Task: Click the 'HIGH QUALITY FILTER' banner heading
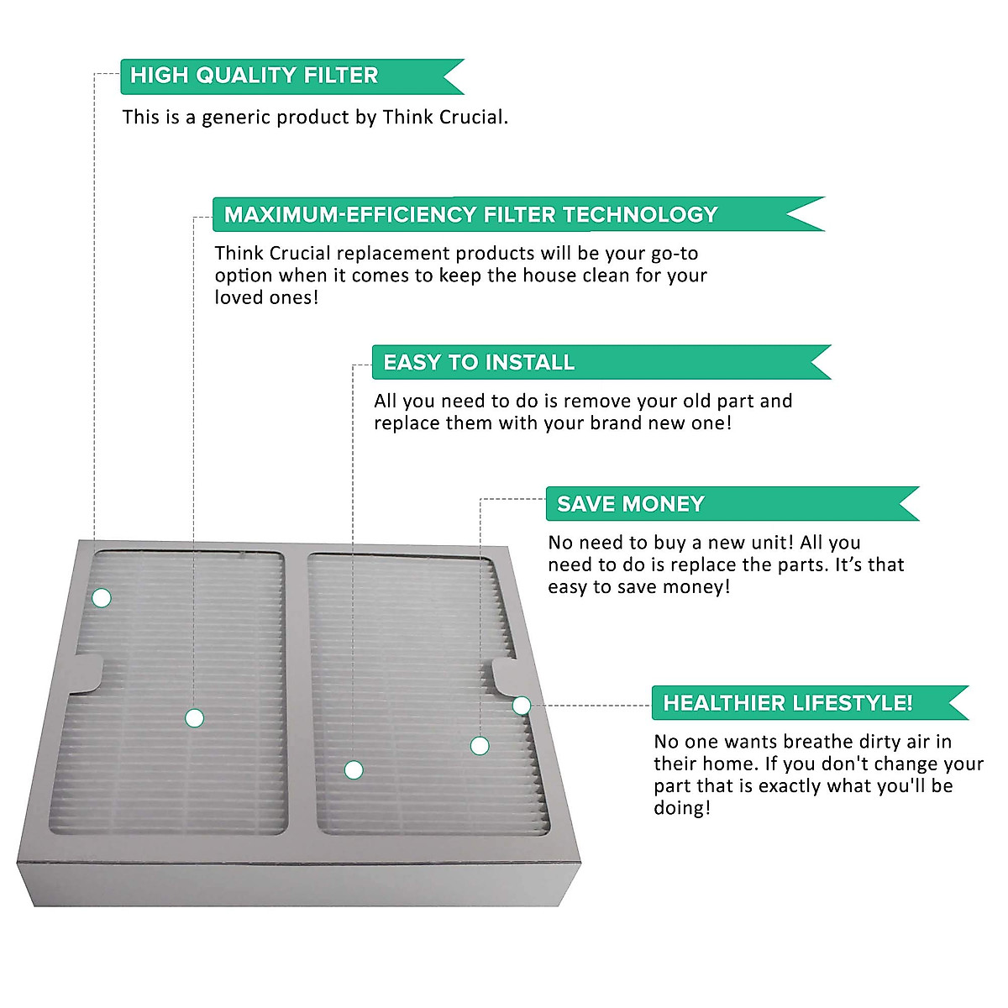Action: pyautogui.click(x=254, y=76)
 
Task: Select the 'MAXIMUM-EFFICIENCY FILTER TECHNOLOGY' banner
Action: pyautogui.click(x=470, y=215)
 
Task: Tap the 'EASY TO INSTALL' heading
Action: pyautogui.click(x=479, y=363)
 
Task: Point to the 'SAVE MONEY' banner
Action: pyautogui.click(x=630, y=504)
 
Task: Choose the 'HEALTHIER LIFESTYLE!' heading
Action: pyautogui.click(x=787, y=703)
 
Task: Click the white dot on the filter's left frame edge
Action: pyautogui.click(x=102, y=598)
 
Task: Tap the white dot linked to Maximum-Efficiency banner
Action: pyautogui.click(x=194, y=718)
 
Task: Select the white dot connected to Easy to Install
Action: pyautogui.click(x=354, y=769)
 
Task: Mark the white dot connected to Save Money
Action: pyautogui.click(x=480, y=746)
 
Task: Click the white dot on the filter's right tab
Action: pyautogui.click(x=522, y=706)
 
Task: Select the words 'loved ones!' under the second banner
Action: pyautogui.click(x=266, y=298)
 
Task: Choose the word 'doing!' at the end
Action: pyautogui.click(x=682, y=809)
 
